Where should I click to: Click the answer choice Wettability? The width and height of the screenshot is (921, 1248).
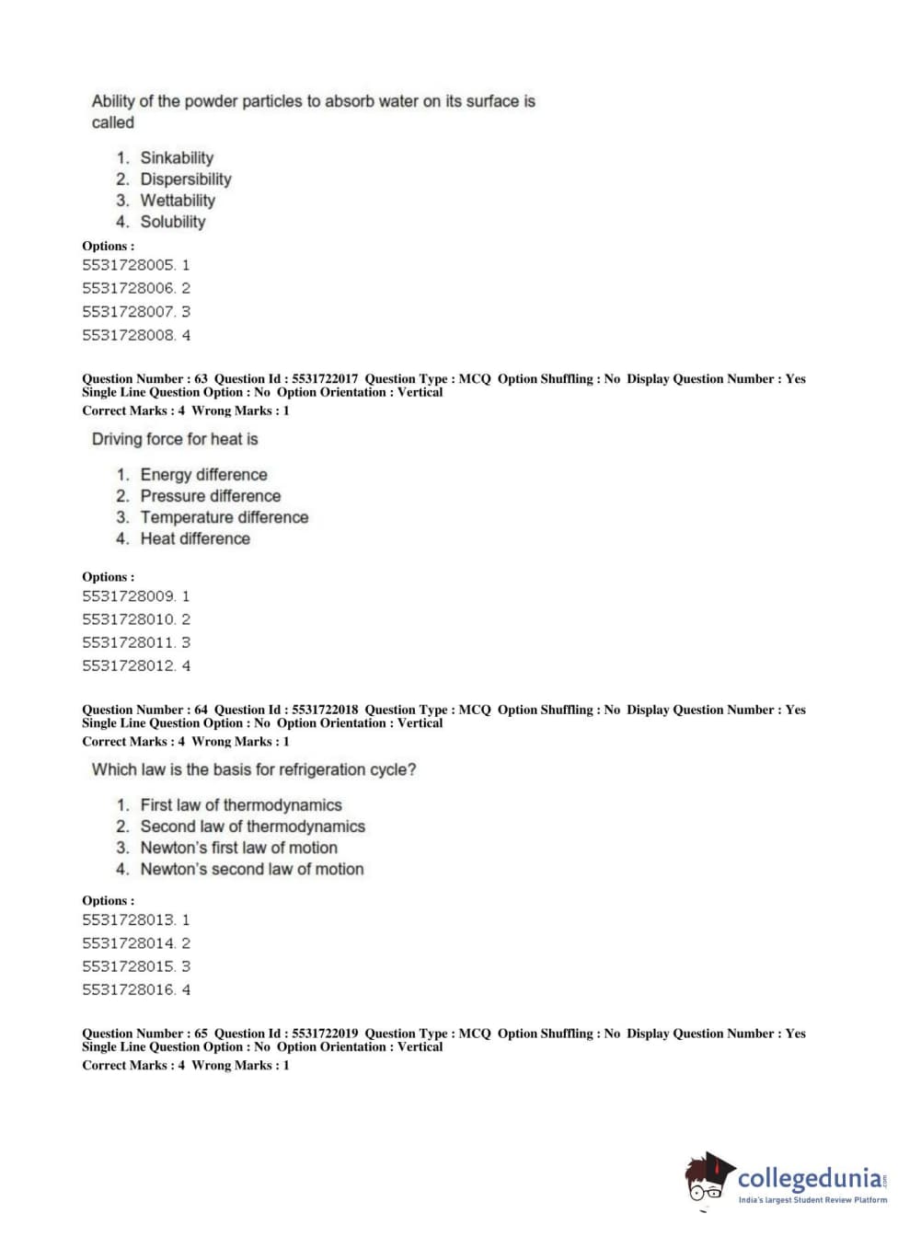(177, 201)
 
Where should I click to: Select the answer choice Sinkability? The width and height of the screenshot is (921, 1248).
(176, 158)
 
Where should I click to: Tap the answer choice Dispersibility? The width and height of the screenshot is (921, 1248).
(185, 179)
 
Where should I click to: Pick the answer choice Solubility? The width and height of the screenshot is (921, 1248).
(172, 222)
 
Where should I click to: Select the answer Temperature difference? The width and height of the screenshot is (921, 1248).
(224, 517)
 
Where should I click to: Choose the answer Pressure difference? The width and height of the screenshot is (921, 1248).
(210, 496)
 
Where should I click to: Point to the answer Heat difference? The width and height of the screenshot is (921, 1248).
(194, 539)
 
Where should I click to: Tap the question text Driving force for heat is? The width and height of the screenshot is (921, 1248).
(175, 439)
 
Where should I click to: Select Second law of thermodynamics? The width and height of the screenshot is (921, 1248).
(252, 826)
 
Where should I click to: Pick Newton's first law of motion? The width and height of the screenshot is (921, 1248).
(238, 848)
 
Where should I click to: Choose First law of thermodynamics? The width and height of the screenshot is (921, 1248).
(240, 805)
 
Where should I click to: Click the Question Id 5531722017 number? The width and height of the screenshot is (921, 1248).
(325, 379)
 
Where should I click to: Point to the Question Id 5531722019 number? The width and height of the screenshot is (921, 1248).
(325, 1034)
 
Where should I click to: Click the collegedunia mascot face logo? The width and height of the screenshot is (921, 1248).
(708, 1179)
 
